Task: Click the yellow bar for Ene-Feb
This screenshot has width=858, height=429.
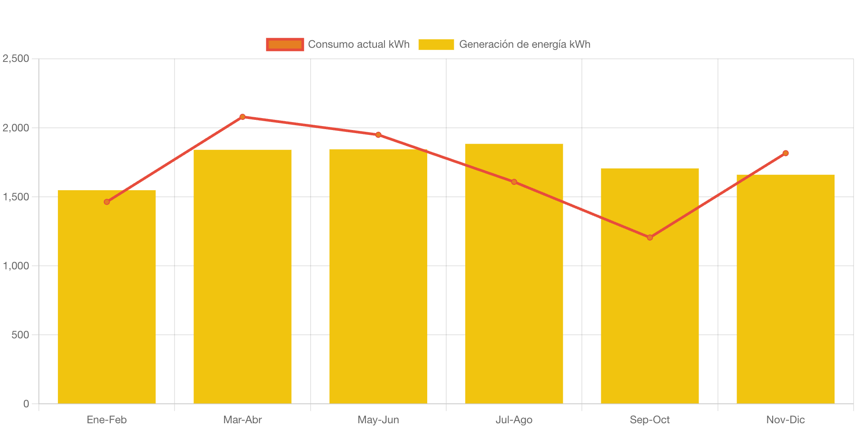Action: click(107, 301)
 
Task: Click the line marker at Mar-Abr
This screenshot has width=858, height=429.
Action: click(243, 117)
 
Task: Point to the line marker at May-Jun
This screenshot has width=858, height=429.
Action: click(378, 135)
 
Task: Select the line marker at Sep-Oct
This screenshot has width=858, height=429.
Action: click(649, 237)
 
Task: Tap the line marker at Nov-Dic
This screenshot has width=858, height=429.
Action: click(785, 153)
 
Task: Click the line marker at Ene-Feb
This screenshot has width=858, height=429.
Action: click(107, 202)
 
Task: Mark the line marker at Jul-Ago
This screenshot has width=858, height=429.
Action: click(514, 182)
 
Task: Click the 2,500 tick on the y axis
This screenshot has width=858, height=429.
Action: click(16, 58)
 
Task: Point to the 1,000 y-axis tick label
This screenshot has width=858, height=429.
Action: click(16, 266)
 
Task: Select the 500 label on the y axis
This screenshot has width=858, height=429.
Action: click(20, 335)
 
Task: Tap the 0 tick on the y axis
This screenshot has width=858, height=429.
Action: click(26, 404)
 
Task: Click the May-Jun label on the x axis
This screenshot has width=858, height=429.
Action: click(378, 420)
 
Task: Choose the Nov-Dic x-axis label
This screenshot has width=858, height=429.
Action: click(785, 420)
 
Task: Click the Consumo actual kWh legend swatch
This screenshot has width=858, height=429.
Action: click(285, 44)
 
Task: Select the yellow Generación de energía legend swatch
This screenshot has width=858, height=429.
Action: click(436, 44)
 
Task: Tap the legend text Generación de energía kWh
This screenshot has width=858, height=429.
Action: click(524, 44)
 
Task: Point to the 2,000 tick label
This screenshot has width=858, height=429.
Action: click(16, 128)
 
